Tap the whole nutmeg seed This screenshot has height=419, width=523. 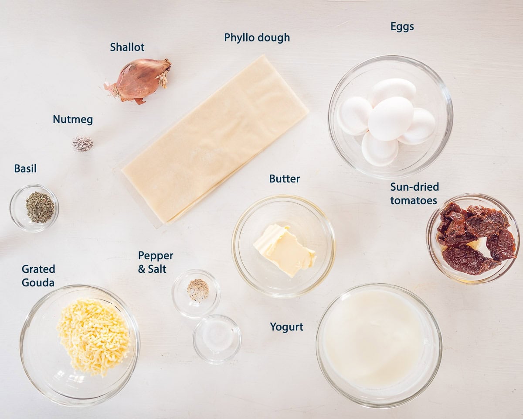(82, 143)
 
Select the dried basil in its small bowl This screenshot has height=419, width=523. (40, 207)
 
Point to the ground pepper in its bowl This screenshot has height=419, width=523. (198, 290)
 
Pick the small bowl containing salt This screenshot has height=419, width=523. (217, 339)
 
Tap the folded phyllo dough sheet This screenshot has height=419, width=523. (215, 139)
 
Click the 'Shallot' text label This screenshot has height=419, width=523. (127, 47)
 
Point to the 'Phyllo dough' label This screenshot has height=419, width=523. (257, 38)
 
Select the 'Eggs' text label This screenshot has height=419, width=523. (402, 27)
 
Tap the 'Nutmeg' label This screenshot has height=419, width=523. (73, 120)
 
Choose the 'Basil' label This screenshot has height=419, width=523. (25, 168)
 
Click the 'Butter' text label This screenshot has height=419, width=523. (284, 179)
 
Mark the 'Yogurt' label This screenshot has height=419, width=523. (286, 327)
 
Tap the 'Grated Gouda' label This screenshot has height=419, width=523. (38, 275)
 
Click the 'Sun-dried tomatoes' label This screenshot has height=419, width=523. (414, 193)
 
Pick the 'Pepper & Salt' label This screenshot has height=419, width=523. (155, 262)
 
